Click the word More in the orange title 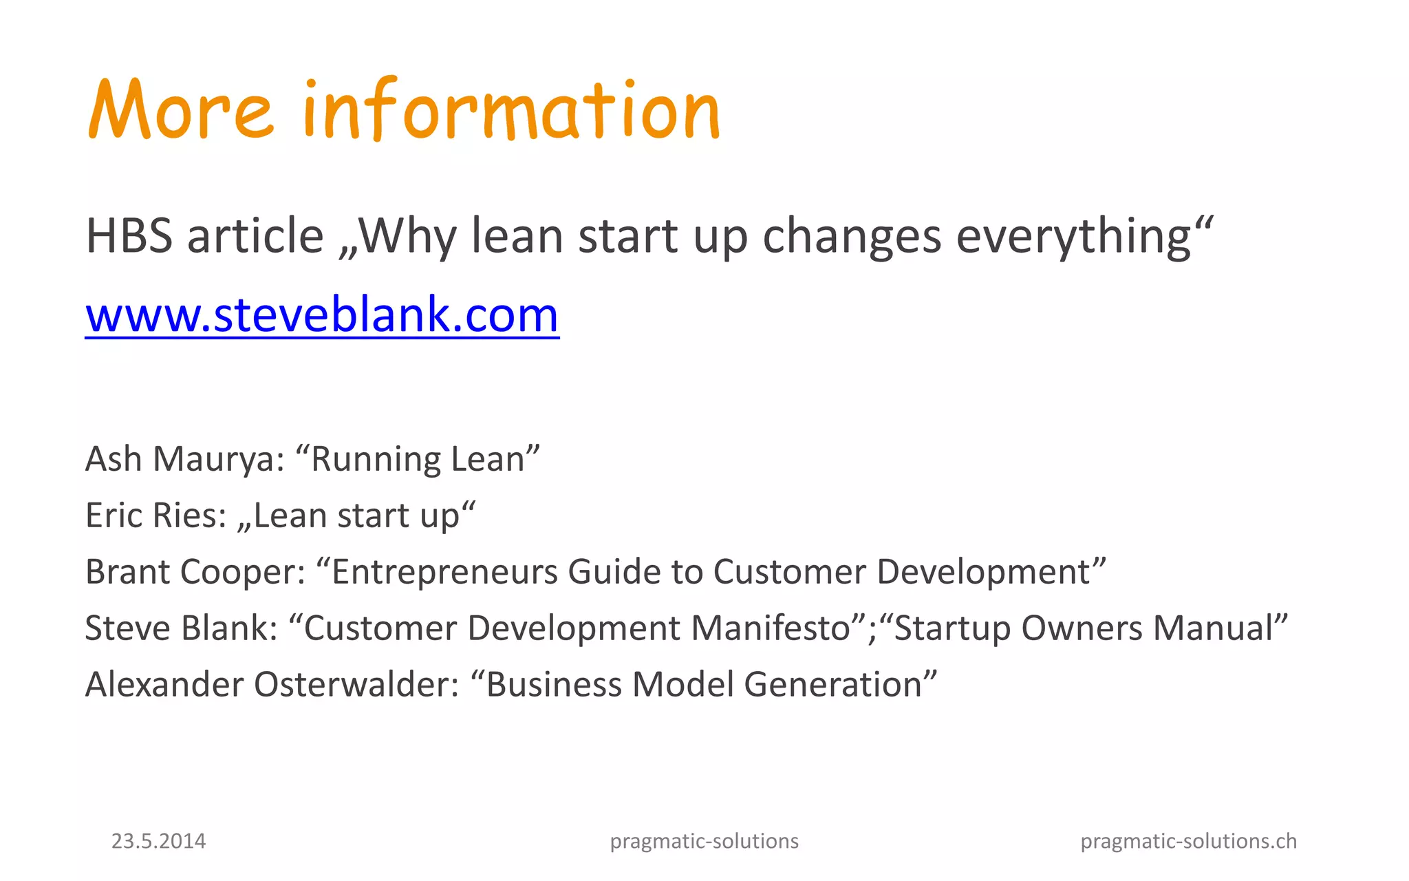180,110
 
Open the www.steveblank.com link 322,315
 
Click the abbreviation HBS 129,236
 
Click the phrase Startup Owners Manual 1083,628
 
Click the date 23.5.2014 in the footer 158,841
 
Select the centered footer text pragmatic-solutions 704,841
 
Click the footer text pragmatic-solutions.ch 1188,841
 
